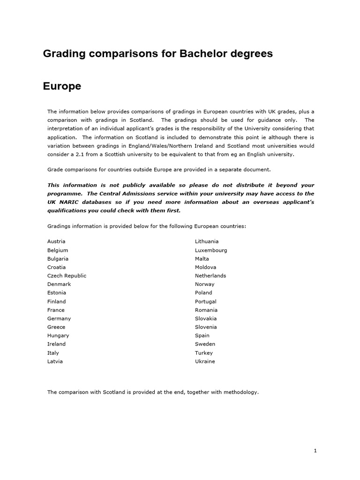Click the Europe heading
[x=62, y=87]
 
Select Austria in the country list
[x=56, y=241]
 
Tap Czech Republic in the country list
[x=67, y=276]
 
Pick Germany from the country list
[x=59, y=318]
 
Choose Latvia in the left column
[x=55, y=361]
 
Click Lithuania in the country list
[x=207, y=241]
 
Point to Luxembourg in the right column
[x=211, y=250]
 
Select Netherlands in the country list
[x=210, y=276]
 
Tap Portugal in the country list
[x=206, y=301]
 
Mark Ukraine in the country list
[x=205, y=361]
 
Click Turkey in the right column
[x=204, y=352]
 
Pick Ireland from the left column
[x=56, y=344]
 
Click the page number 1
[x=315, y=451]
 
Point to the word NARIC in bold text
[x=67, y=202]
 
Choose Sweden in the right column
[x=205, y=344]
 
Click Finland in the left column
[x=56, y=301]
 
